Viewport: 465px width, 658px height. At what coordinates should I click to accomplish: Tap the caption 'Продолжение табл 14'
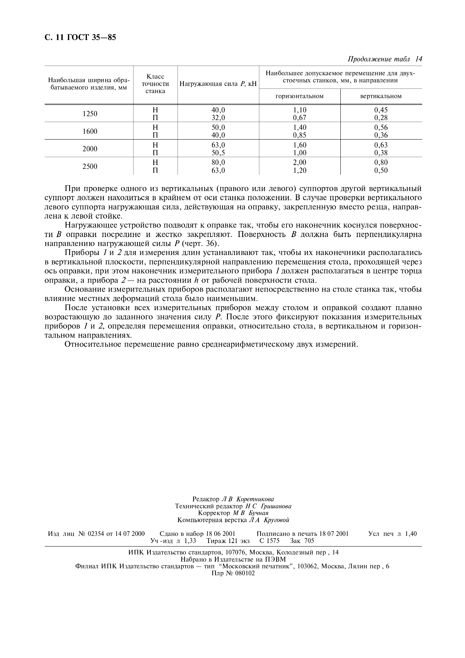(385, 59)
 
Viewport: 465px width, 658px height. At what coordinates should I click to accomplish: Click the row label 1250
(90, 114)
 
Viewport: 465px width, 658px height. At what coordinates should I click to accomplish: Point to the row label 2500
(90, 166)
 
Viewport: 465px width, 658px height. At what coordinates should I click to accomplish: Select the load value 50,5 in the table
(218, 153)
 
